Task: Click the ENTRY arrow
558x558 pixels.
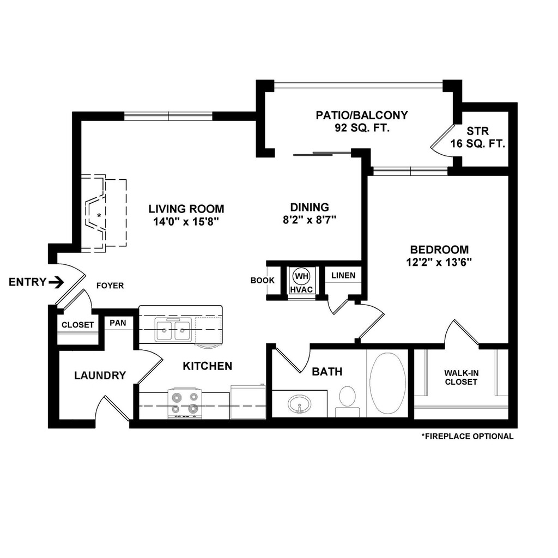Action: [56, 282]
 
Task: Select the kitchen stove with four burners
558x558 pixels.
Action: [185, 404]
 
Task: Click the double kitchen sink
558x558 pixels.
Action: [173, 330]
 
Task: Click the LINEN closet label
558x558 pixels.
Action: [343, 275]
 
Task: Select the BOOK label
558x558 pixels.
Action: [263, 281]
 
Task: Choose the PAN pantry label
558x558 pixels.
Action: [118, 323]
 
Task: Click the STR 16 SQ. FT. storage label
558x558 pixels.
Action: [478, 138]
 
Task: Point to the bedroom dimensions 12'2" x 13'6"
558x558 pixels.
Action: [439, 262]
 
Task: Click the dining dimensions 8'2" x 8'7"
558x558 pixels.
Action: [310, 220]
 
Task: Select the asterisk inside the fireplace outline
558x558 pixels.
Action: [99, 216]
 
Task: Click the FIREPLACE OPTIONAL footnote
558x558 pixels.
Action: [467, 436]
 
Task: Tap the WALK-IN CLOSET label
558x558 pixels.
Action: [460, 377]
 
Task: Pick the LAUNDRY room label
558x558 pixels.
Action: [100, 375]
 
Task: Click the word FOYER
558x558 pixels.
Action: [110, 286]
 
